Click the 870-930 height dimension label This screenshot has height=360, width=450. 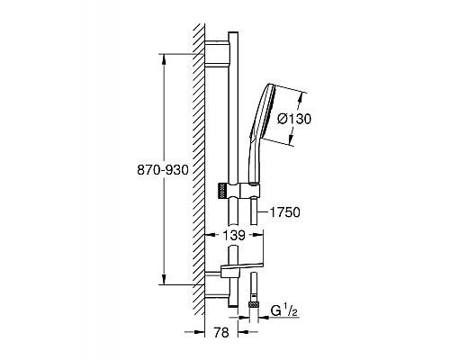[x=163, y=170]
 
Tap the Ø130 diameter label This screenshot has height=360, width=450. [x=294, y=119]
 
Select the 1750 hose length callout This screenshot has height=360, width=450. [x=285, y=212]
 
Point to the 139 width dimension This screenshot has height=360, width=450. [x=234, y=235]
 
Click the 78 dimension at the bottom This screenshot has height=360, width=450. [x=221, y=332]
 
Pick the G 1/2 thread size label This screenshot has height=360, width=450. [x=284, y=310]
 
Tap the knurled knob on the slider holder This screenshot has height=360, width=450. [x=222, y=190]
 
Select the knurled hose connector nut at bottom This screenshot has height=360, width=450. [x=254, y=304]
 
